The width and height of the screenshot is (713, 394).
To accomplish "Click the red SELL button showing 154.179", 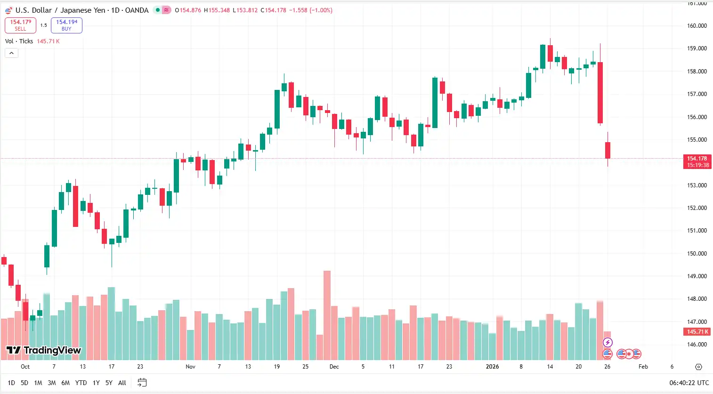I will (20, 25).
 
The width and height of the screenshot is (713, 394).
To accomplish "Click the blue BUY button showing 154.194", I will (66, 25).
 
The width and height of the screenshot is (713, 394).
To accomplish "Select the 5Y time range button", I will (109, 383).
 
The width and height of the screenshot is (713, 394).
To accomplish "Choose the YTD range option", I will (81, 383).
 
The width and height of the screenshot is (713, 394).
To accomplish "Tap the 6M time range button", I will (65, 383).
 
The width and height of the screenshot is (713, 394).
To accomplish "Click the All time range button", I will (122, 383).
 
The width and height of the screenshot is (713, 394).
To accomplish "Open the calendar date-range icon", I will (142, 383).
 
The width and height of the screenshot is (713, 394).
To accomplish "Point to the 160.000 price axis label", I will (697, 26).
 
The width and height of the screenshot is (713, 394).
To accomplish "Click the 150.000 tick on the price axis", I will (697, 253).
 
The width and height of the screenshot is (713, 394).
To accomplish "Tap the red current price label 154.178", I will (697, 161).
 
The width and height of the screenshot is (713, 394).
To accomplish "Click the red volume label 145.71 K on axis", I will (697, 332).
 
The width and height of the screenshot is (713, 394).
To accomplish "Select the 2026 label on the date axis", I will (492, 367).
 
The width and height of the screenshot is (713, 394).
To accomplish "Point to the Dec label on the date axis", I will (334, 367).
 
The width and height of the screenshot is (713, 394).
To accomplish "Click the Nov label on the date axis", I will (190, 367).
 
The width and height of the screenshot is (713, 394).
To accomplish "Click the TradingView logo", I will (44, 350).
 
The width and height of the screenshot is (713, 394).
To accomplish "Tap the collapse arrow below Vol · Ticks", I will (11, 53).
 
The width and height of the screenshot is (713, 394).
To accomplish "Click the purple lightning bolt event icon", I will (608, 342).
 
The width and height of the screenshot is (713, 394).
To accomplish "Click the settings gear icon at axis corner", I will (698, 367).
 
